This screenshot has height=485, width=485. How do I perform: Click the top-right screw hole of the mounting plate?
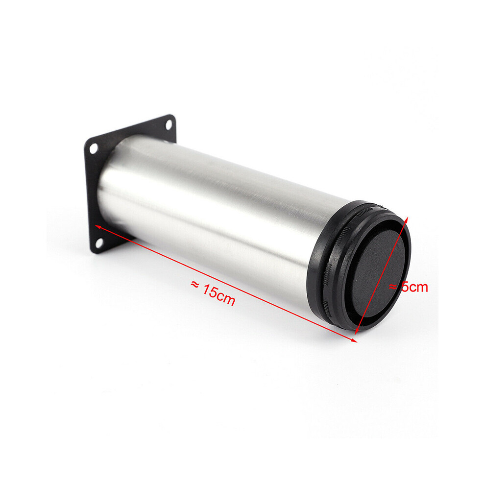[x=169, y=124]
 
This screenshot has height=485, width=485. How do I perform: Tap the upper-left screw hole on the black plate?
[x=93, y=149]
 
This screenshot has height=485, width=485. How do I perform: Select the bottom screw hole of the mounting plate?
[x=99, y=243]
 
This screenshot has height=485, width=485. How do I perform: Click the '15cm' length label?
[x=214, y=292]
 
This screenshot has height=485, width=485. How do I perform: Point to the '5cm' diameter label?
[x=409, y=287]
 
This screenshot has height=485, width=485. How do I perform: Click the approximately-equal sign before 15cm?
[x=195, y=284]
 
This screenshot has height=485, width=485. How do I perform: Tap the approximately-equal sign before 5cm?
[x=393, y=287]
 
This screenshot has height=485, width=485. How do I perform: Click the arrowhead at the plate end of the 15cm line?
[x=98, y=227]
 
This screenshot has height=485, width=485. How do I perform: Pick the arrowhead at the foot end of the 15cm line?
[x=353, y=340]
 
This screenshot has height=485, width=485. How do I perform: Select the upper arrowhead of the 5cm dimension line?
[x=406, y=220]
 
